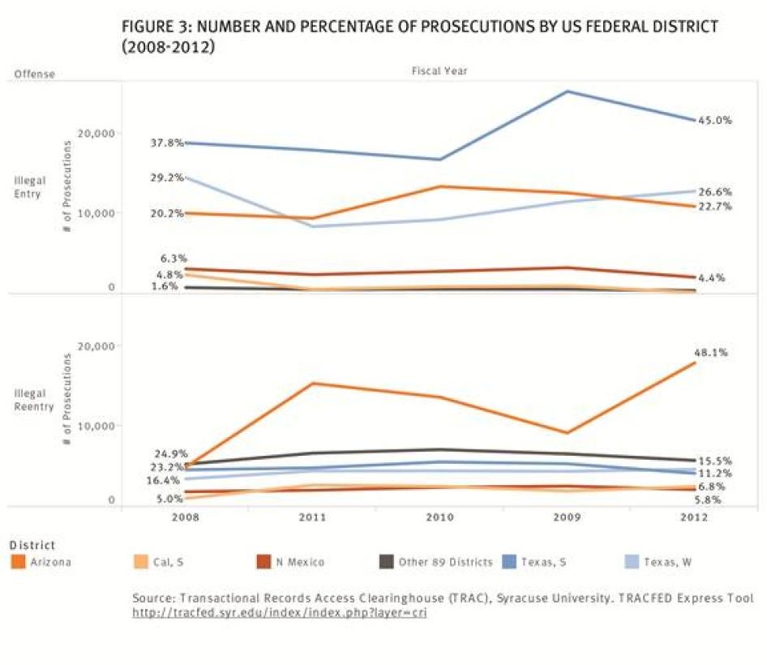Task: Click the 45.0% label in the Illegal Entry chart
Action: coord(715,120)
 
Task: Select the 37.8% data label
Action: coord(167,143)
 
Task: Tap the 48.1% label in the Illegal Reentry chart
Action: coord(710,353)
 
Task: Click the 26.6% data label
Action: coord(715,192)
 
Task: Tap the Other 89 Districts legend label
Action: coord(445,561)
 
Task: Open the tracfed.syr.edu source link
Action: coord(279,613)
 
